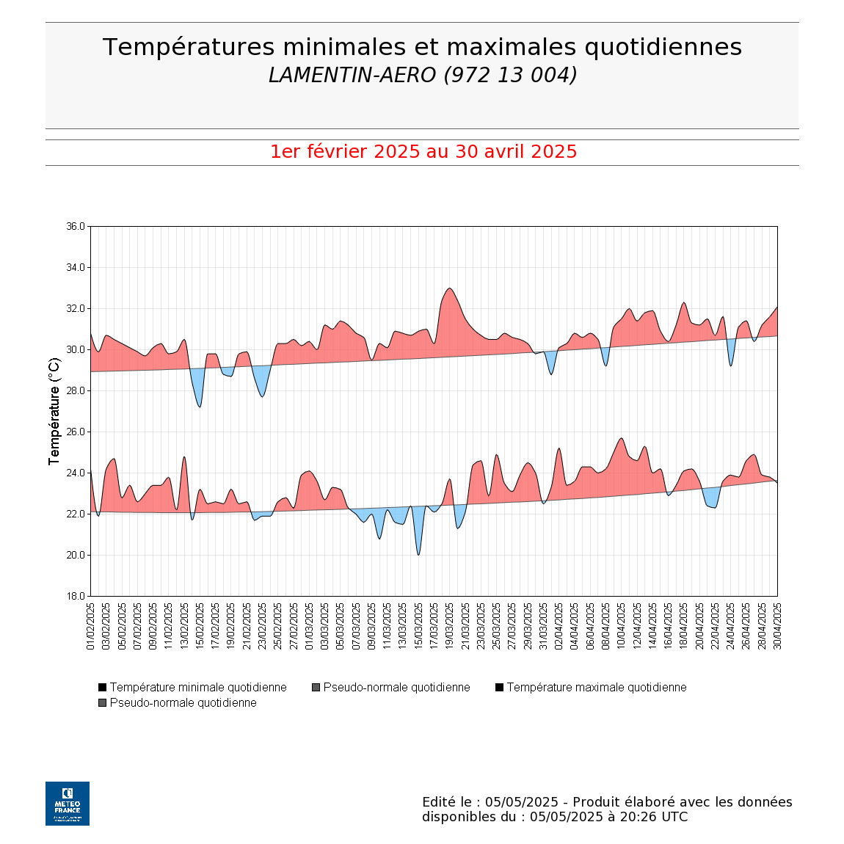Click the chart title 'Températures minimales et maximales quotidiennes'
click(x=422, y=47)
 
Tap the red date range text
click(x=423, y=152)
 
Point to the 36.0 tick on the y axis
click(x=76, y=227)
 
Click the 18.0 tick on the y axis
click(x=76, y=596)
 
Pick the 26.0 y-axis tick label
click(x=76, y=432)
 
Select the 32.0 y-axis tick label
click(x=76, y=308)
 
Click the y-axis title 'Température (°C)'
click(x=54, y=411)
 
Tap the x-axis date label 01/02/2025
click(x=91, y=627)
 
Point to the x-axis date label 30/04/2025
click(x=778, y=627)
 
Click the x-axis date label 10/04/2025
click(x=622, y=627)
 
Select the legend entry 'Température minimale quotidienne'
click(x=197, y=688)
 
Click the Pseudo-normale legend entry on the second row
click(x=183, y=703)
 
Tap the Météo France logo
click(x=68, y=803)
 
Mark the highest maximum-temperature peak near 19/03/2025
click(x=450, y=288)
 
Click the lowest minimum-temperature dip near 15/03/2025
click(x=418, y=554)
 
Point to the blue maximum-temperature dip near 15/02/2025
click(x=200, y=406)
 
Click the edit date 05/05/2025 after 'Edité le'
click(x=522, y=802)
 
